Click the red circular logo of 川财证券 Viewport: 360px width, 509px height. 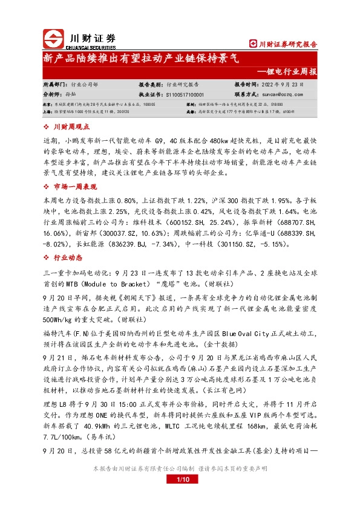[x=54, y=38]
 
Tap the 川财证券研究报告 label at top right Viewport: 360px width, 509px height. [x=284, y=44]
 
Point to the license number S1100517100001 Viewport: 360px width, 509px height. [x=185, y=95]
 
